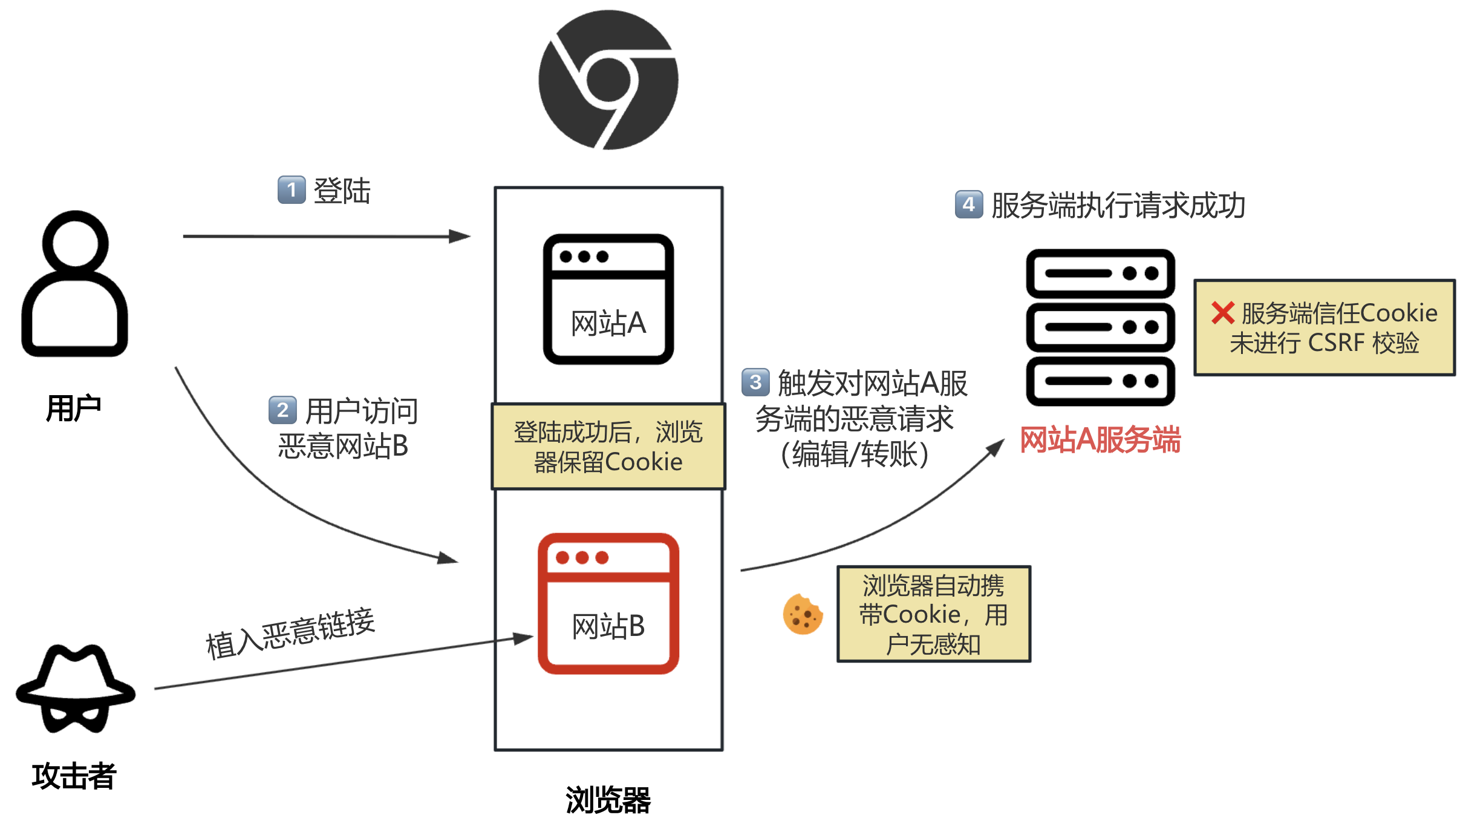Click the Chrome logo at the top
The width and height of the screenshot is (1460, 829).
pyautogui.click(x=608, y=80)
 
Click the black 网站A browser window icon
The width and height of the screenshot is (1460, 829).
pyautogui.click(x=608, y=299)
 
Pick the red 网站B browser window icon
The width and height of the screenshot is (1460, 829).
pyautogui.click(x=608, y=603)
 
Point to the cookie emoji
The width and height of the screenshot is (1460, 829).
pyautogui.click(x=803, y=614)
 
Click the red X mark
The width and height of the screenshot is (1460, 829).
pyautogui.click(x=1222, y=313)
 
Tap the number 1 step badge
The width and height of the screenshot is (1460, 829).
pyautogui.click(x=292, y=190)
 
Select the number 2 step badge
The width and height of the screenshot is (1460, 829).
pyautogui.click(x=282, y=410)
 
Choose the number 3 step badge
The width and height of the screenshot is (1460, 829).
pyautogui.click(x=755, y=382)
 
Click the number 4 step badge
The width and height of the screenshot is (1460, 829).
pyautogui.click(x=968, y=205)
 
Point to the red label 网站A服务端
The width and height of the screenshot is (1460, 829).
pyautogui.click(x=1100, y=439)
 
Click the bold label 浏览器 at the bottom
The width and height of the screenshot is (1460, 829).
pyautogui.click(x=608, y=800)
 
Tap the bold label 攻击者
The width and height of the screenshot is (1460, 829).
pyautogui.click(x=74, y=776)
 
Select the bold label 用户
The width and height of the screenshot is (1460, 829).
pyautogui.click(x=74, y=408)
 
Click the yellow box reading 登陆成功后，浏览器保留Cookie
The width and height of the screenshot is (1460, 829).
pyautogui.click(x=608, y=447)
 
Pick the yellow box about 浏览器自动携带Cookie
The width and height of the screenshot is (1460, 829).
pyautogui.click(x=933, y=614)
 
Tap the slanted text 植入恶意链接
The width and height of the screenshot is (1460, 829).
pyautogui.click(x=290, y=633)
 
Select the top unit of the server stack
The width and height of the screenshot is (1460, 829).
pyautogui.click(x=1100, y=274)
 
